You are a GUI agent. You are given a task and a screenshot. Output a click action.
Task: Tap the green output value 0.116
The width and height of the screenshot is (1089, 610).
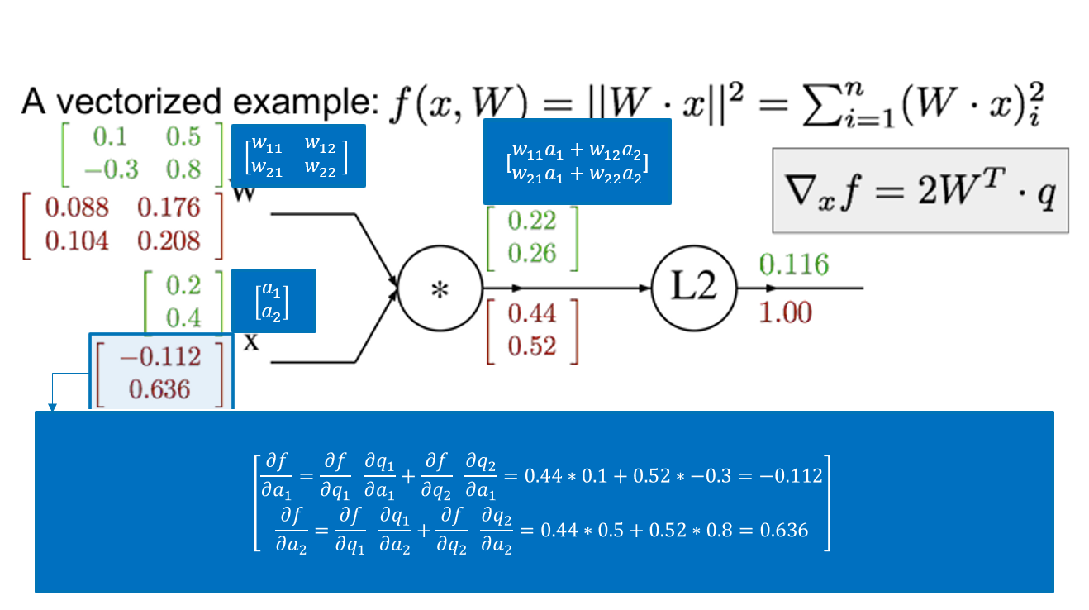pos(793,264)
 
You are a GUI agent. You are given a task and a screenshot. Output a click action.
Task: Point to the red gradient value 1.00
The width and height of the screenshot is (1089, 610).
pos(787,312)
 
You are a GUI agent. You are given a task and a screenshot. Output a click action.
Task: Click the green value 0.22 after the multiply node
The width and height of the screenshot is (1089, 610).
pos(532,221)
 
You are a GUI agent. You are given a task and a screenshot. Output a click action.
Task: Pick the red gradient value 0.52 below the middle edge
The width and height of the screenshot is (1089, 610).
pos(532,346)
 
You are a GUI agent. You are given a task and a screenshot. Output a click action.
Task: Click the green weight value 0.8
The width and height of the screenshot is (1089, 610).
pos(182,169)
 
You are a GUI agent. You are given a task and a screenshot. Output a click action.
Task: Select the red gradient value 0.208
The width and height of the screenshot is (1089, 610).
pos(169,241)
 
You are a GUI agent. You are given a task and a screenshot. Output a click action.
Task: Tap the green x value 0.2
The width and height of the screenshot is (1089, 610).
pos(183,285)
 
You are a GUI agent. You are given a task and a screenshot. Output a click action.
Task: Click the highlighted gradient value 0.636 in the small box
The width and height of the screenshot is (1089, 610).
pos(159,388)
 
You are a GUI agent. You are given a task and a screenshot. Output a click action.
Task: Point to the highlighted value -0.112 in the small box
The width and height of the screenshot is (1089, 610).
pos(159,356)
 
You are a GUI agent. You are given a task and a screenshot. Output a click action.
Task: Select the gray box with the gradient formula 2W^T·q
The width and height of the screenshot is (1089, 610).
pos(920,190)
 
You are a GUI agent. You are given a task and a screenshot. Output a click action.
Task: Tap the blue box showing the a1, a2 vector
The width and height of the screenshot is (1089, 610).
pos(273,301)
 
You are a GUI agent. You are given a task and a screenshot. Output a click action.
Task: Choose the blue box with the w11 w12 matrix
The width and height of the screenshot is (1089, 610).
pos(299,156)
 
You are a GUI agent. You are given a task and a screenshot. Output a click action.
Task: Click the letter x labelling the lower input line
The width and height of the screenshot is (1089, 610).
pos(251,341)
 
